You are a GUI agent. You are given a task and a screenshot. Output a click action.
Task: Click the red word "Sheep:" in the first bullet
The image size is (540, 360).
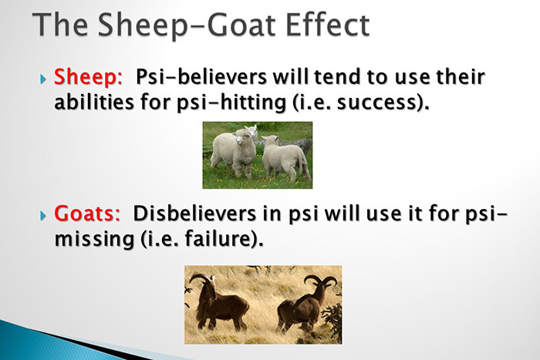[89, 79]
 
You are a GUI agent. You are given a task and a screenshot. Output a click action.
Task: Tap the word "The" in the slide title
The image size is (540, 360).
[62, 25]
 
